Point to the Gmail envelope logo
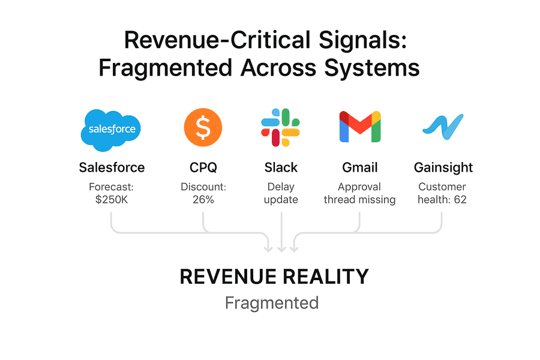point(360,127)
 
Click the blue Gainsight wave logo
point(443,125)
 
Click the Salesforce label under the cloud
point(112,167)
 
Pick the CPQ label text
point(203,167)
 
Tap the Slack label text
point(281,167)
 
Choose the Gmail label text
point(360,167)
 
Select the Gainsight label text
point(443,167)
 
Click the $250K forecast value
point(112,200)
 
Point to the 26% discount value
point(203,200)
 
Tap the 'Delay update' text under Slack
point(281,193)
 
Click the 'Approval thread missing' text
point(360,193)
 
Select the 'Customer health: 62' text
point(443,193)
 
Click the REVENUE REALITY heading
point(274,277)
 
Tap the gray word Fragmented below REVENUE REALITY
point(272,303)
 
